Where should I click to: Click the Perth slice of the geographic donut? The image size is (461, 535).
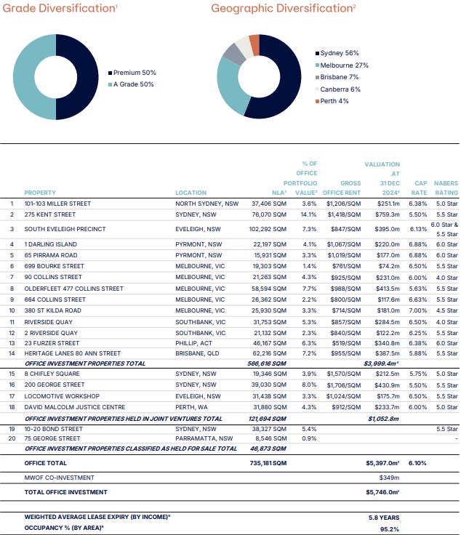pyautogui.click(x=254, y=44)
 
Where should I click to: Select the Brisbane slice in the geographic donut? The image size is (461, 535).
pyautogui.click(x=234, y=54)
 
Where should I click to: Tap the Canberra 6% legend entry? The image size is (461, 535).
pyautogui.click(x=338, y=89)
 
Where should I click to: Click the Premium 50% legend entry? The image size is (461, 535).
pyautogui.click(x=132, y=73)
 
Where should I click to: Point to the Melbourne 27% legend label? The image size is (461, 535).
pyautogui.click(x=345, y=65)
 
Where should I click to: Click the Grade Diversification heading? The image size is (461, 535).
pyautogui.click(x=60, y=8)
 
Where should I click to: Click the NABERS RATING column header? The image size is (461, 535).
pyautogui.click(x=446, y=188)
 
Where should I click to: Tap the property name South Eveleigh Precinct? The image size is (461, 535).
pyautogui.click(x=65, y=229)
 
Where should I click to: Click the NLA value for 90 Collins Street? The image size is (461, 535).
pyautogui.click(x=270, y=277)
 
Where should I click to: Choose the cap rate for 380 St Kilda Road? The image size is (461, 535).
pyautogui.click(x=417, y=310)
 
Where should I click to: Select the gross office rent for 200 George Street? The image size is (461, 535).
pyautogui.click(x=343, y=385)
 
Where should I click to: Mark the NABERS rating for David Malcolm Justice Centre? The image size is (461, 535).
pyautogui.click(x=446, y=407)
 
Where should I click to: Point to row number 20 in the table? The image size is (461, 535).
pyautogui.click(x=12, y=438)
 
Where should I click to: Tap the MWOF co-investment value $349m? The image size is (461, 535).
pyautogui.click(x=389, y=478)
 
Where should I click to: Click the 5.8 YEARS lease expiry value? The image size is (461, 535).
pyautogui.click(x=384, y=518)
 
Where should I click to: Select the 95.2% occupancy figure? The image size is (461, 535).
pyautogui.click(x=390, y=529)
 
